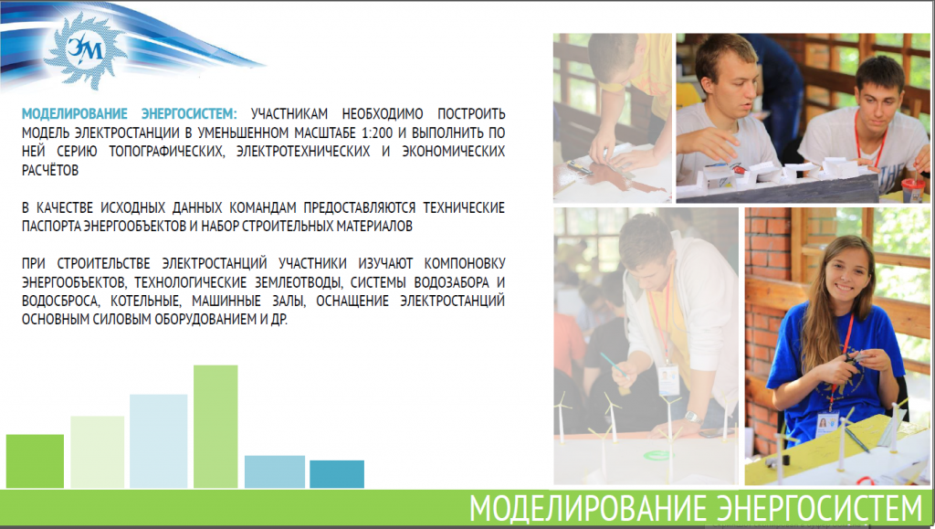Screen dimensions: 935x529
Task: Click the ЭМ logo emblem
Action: click(83, 50)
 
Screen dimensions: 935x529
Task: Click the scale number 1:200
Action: click(377, 132)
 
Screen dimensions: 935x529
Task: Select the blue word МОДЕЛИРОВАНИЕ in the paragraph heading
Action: click(75, 113)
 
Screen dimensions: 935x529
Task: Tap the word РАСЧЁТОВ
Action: click(50, 170)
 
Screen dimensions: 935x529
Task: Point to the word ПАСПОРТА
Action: click(51, 226)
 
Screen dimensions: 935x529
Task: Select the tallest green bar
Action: click(215, 427)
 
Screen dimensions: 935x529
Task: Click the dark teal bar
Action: click(337, 474)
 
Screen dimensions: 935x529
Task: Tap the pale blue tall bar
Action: click(158, 440)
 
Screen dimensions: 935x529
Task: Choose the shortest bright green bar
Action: click(35, 461)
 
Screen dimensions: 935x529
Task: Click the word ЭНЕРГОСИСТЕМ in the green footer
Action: click(819, 509)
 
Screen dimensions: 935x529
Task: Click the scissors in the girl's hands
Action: click(852, 360)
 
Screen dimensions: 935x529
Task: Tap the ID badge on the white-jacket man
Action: click(667, 380)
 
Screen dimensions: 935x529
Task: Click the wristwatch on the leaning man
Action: click(693, 418)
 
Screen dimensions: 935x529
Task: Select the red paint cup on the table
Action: click(912, 190)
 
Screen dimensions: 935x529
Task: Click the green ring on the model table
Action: click(657, 456)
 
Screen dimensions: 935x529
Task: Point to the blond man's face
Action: click(730, 90)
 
